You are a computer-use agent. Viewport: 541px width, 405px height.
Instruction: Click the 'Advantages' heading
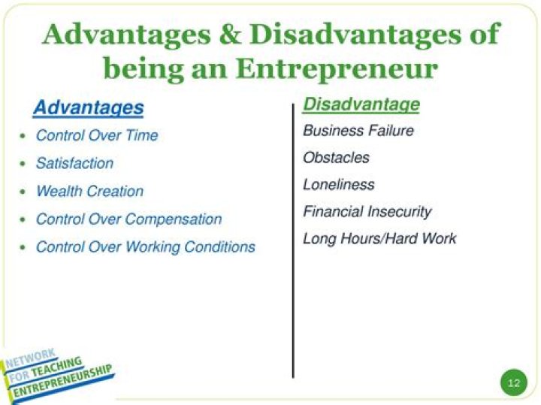(88, 107)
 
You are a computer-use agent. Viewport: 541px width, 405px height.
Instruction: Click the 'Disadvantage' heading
(361, 104)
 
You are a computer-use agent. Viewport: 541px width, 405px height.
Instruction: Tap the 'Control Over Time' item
(97, 135)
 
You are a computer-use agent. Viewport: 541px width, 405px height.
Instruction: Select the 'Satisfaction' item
(74, 163)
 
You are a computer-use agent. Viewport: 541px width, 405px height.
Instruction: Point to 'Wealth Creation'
(89, 191)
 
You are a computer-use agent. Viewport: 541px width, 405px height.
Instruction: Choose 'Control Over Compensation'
(128, 219)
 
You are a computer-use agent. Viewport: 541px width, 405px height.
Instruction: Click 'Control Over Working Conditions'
(145, 246)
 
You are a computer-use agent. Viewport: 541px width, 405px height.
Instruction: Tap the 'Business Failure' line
(358, 131)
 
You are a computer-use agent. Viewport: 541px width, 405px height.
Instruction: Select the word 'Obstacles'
(336, 158)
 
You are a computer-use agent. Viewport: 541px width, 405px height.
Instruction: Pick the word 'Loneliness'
(338, 185)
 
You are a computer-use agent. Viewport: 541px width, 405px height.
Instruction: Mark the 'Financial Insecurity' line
(367, 212)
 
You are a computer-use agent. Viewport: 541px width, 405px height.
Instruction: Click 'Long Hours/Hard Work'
(379, 239)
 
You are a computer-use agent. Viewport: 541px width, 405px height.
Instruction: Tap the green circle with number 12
(514, 382)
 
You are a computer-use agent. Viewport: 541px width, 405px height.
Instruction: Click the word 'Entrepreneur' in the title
(337, 68)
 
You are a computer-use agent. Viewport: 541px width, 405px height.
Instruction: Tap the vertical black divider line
(293, 240)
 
